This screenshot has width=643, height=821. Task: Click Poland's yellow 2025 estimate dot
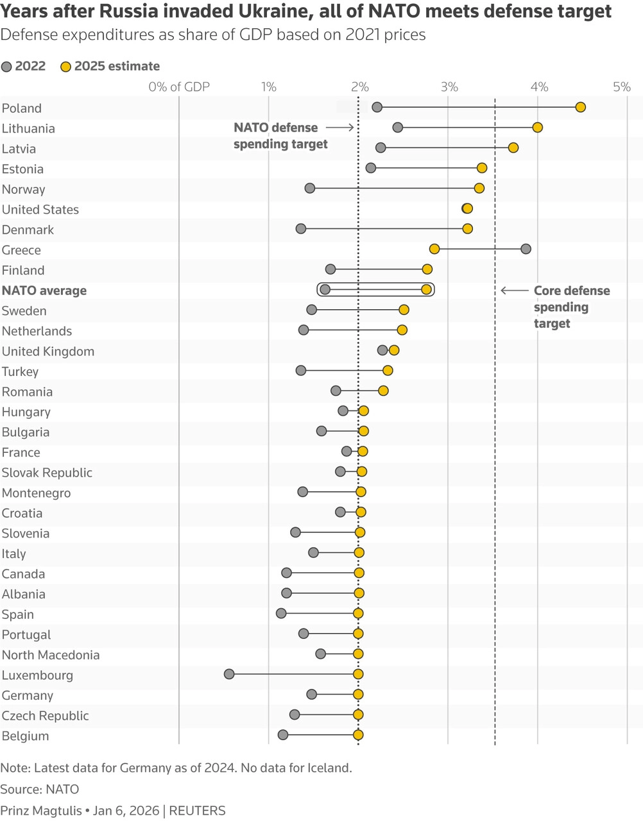click(580, 107)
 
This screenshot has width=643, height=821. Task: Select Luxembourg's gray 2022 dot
click(229, 674)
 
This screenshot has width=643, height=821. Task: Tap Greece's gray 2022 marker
click(526, 249)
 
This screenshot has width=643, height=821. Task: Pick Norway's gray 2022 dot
click(310, 188)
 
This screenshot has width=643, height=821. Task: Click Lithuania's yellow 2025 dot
click(537, 128)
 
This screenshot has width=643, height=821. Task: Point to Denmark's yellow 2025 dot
click(467, 229)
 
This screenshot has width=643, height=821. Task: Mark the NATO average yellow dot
click(426, 290)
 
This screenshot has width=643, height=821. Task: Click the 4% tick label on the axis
click(539, 87)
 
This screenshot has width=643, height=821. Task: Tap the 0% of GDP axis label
click(179, 87)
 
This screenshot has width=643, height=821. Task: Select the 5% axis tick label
click(621, 87)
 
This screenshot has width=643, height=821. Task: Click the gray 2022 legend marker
click(7, 67)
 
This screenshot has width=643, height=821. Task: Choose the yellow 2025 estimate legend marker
click(65, 67)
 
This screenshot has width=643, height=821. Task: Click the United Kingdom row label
click(48, 351)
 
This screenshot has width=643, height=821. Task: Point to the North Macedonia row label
click(51, 655)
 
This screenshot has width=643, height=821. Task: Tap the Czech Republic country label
click(45, 716)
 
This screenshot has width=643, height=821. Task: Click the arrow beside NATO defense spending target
click(340, 128)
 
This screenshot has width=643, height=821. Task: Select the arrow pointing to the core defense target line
click(513, 291)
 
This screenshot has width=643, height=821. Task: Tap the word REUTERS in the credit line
click(197, 811)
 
